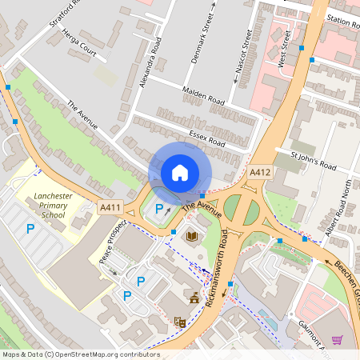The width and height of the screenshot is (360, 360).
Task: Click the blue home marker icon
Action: [180, 172]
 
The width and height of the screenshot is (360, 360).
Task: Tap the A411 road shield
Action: [110, 208]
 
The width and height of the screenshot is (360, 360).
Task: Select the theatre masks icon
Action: [179, 322]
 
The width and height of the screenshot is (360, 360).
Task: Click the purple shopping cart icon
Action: [337, 339]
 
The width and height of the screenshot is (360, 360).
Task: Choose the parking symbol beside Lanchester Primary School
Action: [30, 229]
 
